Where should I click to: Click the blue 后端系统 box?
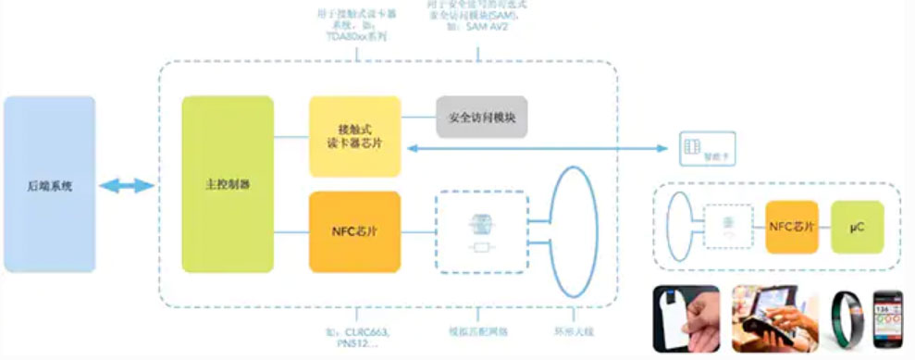pyautogui.click(x=50, y=184)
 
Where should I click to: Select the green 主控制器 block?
pyautogui.click(x=228, y=184)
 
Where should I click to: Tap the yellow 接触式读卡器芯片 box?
pyautogui.click(x=354, y=137)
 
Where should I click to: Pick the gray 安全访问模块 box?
pyautogui.click(x=481, y=117)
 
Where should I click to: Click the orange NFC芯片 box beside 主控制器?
pyautogui.click(x=354, y=231)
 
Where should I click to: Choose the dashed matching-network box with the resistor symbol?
pyautogui.click(x=479, y=231)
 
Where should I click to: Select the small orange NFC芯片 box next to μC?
pyautogui.click(x=791, y=226)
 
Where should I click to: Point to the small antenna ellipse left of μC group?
pyautogui.click(x=680, y=225)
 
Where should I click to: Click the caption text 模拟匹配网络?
pyautogui.click(x=477, y=331)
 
